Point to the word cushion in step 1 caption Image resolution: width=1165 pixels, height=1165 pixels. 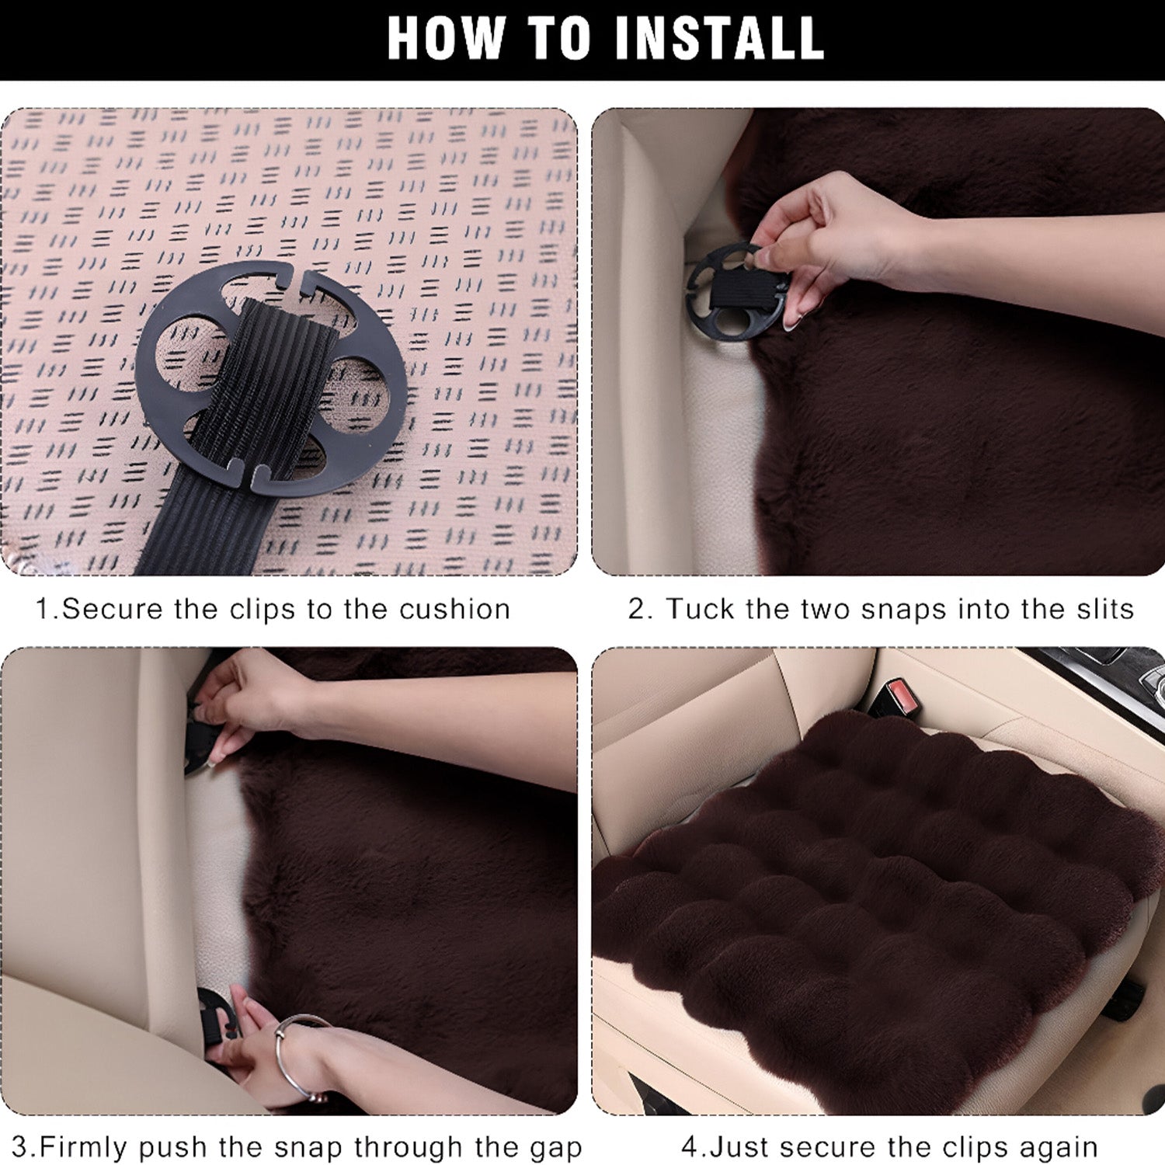tap(454, 609)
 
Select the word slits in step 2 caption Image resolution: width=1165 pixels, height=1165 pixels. tap(1105, 609)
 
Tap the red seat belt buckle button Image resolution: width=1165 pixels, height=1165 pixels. tap(900, 690)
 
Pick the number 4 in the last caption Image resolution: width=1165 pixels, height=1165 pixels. tap(689, 1147)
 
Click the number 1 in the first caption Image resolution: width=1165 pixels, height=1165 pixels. tap(43, 609)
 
